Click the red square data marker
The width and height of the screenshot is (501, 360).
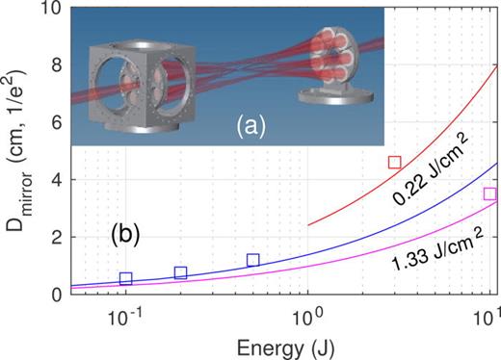(394, 162)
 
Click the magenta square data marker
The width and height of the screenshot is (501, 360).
(489, 193)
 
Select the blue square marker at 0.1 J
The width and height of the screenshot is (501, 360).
(125, 278)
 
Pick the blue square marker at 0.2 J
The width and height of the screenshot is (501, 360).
(180, 272)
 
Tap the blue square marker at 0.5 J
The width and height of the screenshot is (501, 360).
(252, 260)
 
